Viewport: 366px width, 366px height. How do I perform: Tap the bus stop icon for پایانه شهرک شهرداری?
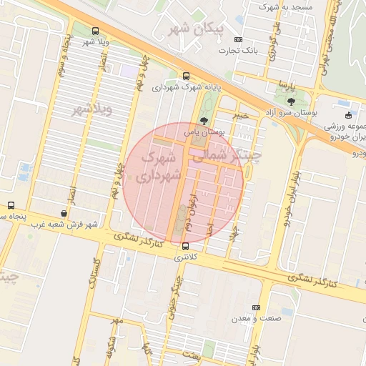coord(187,76)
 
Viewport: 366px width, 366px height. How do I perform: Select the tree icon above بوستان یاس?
coord(205,120)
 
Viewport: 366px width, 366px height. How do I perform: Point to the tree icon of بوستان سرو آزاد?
coord(290,102)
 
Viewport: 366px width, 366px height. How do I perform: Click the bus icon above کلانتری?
coord(186,247)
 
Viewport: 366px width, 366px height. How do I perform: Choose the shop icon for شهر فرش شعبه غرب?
coord(64,213)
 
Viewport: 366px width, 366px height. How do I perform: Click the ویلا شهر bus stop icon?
coord(96,31)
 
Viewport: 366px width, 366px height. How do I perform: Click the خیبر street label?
coord(241,114)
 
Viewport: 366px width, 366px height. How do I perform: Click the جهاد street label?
coord(232,233)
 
